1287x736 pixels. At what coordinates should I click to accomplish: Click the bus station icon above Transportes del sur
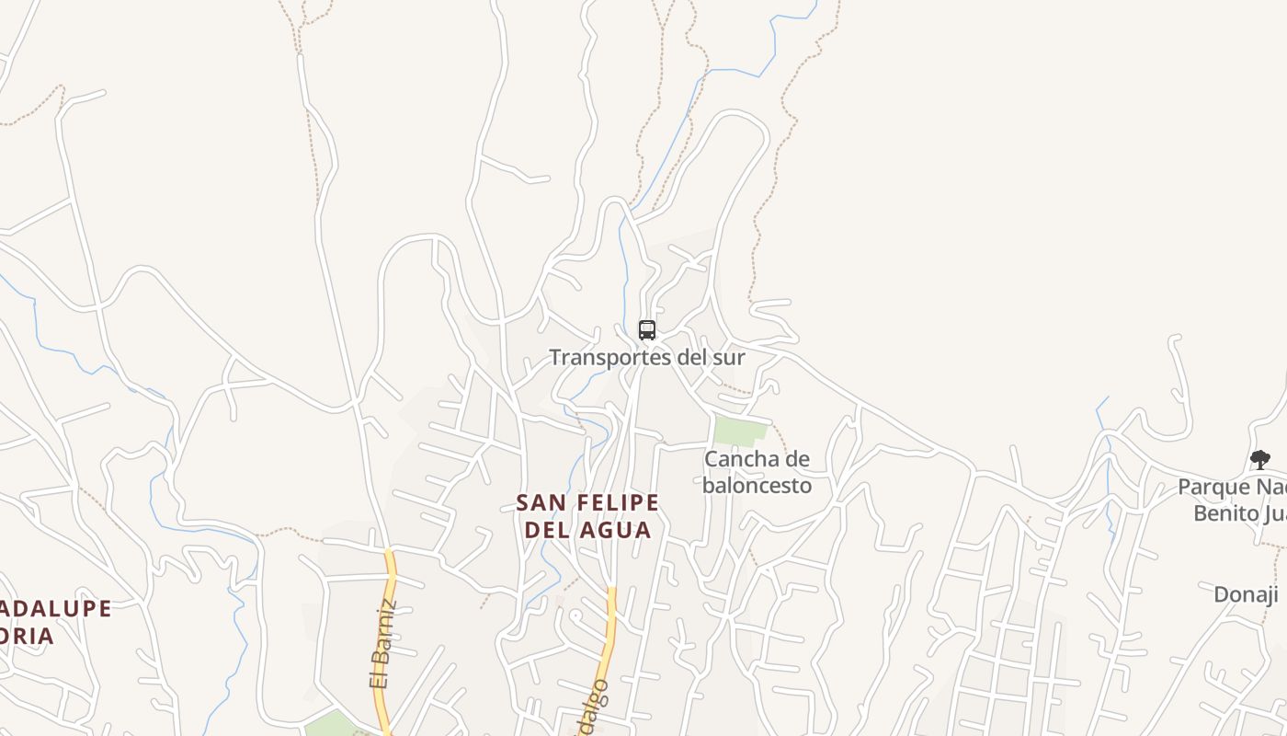click(647, 329)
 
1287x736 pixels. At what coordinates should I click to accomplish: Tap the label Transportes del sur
click(646, 357)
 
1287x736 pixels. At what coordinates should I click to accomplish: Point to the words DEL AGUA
click(587, 530)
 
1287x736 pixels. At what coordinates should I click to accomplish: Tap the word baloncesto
click(757, 485)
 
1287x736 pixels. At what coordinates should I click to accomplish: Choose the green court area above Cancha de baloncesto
click(740, 430)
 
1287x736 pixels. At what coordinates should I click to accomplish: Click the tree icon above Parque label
click(1259, 460)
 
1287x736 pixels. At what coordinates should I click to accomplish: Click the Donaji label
click(1246, 594)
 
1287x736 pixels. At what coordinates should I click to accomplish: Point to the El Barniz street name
click(382, 644)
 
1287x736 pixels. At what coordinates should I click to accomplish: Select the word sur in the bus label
click(728, 357)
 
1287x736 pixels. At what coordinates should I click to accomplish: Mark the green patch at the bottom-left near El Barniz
click(329, 724)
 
